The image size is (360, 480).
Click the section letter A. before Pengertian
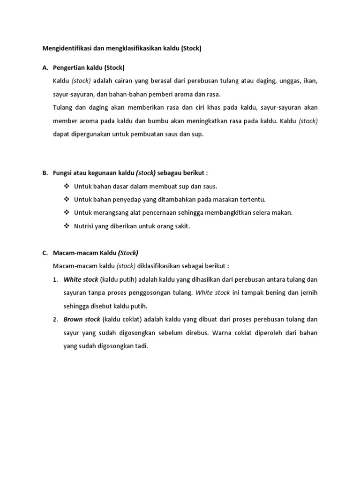(45, 68)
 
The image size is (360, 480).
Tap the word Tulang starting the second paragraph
(62, 107)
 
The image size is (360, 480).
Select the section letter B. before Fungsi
(45, 172)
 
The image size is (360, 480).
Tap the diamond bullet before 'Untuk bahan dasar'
(66, 186)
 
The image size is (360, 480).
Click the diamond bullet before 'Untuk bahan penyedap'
(66, 199)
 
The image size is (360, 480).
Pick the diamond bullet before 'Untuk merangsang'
(66, 212)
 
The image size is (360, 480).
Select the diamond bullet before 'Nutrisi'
(66, 226)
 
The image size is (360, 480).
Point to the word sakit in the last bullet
(182, 226)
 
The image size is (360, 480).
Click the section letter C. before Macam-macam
(45, 253)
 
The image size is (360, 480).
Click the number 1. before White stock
(55, 279)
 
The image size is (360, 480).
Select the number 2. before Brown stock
(55, 319)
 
